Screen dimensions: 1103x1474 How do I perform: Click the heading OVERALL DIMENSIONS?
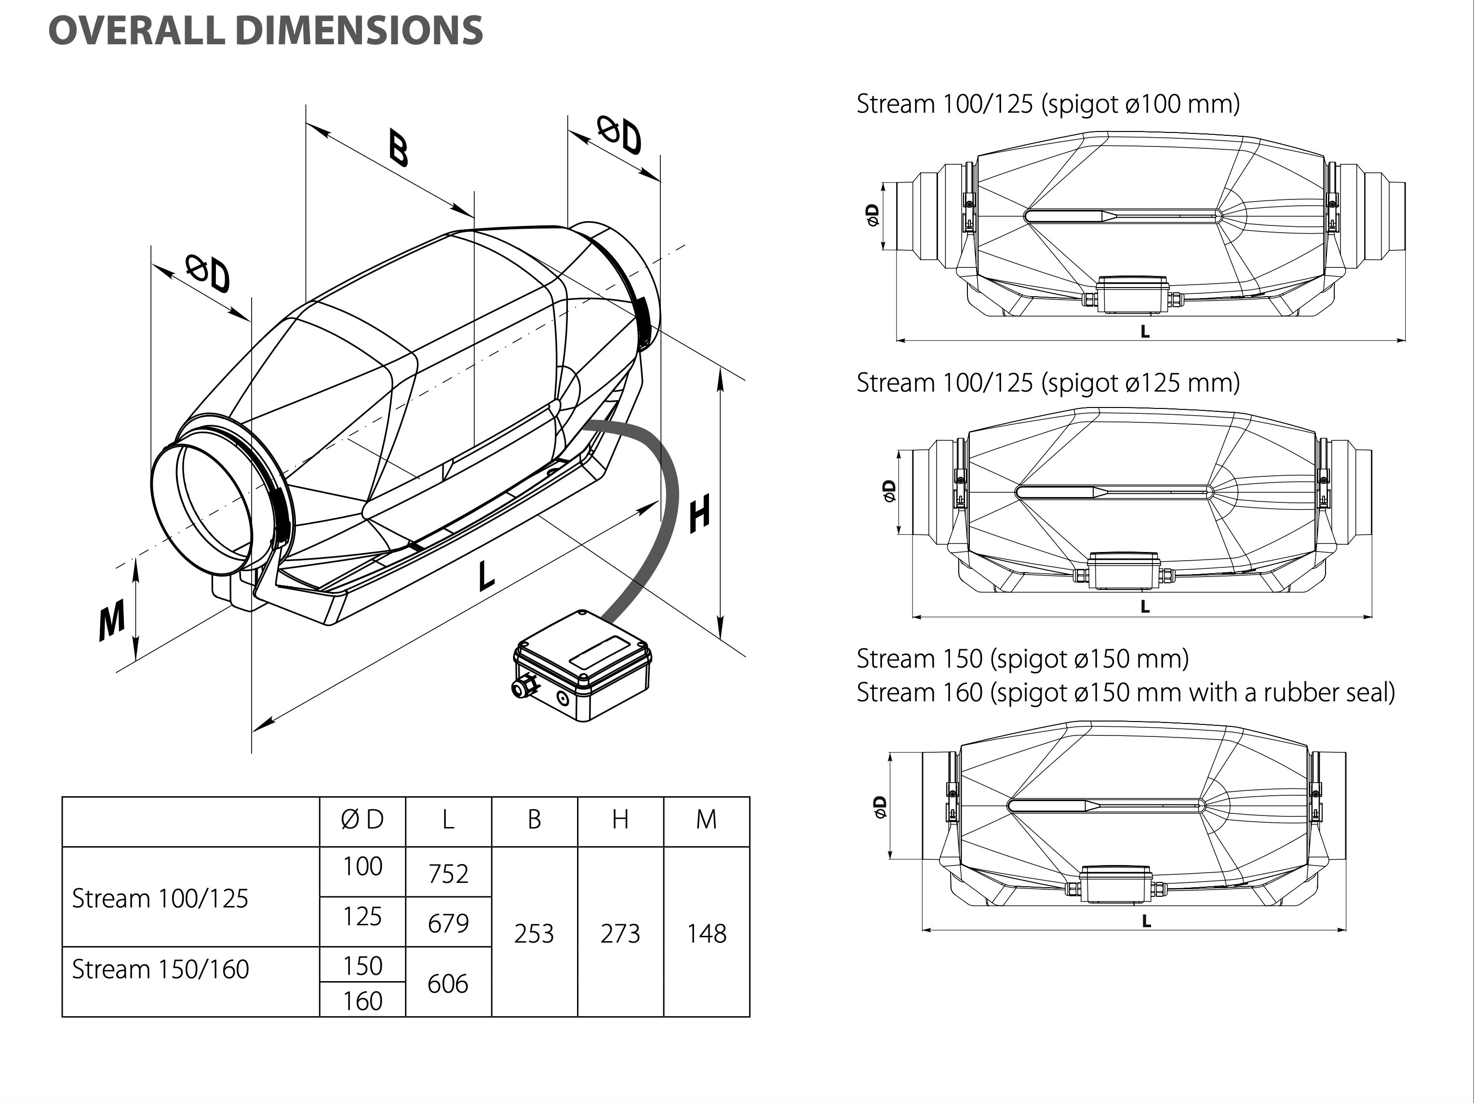click(265, 31)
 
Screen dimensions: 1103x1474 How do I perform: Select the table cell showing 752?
click(448, 873)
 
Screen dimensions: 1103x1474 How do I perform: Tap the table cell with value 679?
click(448, 922)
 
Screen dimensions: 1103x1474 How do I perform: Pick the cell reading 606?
click(448, 983)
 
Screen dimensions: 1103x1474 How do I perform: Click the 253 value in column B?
click(534, 933)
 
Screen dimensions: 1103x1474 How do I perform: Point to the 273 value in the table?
click(620, 933)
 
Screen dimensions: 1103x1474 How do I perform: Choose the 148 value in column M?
click(706, 933)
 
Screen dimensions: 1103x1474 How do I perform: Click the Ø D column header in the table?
click(362, 819)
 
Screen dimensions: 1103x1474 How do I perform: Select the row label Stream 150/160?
click(161, 969)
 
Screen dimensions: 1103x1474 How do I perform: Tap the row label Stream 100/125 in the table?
click(160, 898)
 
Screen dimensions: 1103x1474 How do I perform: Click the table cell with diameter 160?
click(362, 1000)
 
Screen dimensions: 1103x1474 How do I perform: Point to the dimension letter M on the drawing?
click(111, 619)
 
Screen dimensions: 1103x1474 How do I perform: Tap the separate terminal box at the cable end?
click(582, 666)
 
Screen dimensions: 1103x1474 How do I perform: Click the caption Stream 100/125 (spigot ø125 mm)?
click(1047, 383)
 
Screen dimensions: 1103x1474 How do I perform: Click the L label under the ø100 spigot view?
click(1145, 331)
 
